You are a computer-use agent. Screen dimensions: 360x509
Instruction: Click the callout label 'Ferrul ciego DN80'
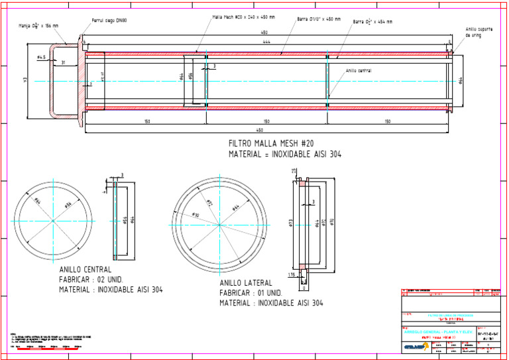(109, 21)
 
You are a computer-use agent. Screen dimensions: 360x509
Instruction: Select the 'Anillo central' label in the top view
(358, 71)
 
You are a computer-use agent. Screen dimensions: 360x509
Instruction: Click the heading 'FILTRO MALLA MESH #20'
(271, 143)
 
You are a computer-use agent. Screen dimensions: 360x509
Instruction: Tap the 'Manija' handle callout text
(39, 26)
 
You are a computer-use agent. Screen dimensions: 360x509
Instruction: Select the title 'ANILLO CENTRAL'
(85, 270)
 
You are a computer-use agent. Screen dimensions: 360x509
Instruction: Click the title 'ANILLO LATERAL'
(245, 283)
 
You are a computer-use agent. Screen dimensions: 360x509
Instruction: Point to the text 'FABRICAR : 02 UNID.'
(91, 280)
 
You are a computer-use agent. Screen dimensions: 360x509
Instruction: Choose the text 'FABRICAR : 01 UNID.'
(251, 293)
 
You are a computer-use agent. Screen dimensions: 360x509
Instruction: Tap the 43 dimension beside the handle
(25, 80)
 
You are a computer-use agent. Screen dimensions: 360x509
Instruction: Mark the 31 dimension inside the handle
(63, 62)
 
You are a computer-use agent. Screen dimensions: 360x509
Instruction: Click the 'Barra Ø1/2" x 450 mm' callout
(319, 19)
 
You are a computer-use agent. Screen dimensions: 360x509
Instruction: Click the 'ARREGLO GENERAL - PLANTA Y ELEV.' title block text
(437, 331)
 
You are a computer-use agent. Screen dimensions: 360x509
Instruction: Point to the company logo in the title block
(416, 345)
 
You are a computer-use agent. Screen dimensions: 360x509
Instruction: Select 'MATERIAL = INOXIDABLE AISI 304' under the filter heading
(285, 154)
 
